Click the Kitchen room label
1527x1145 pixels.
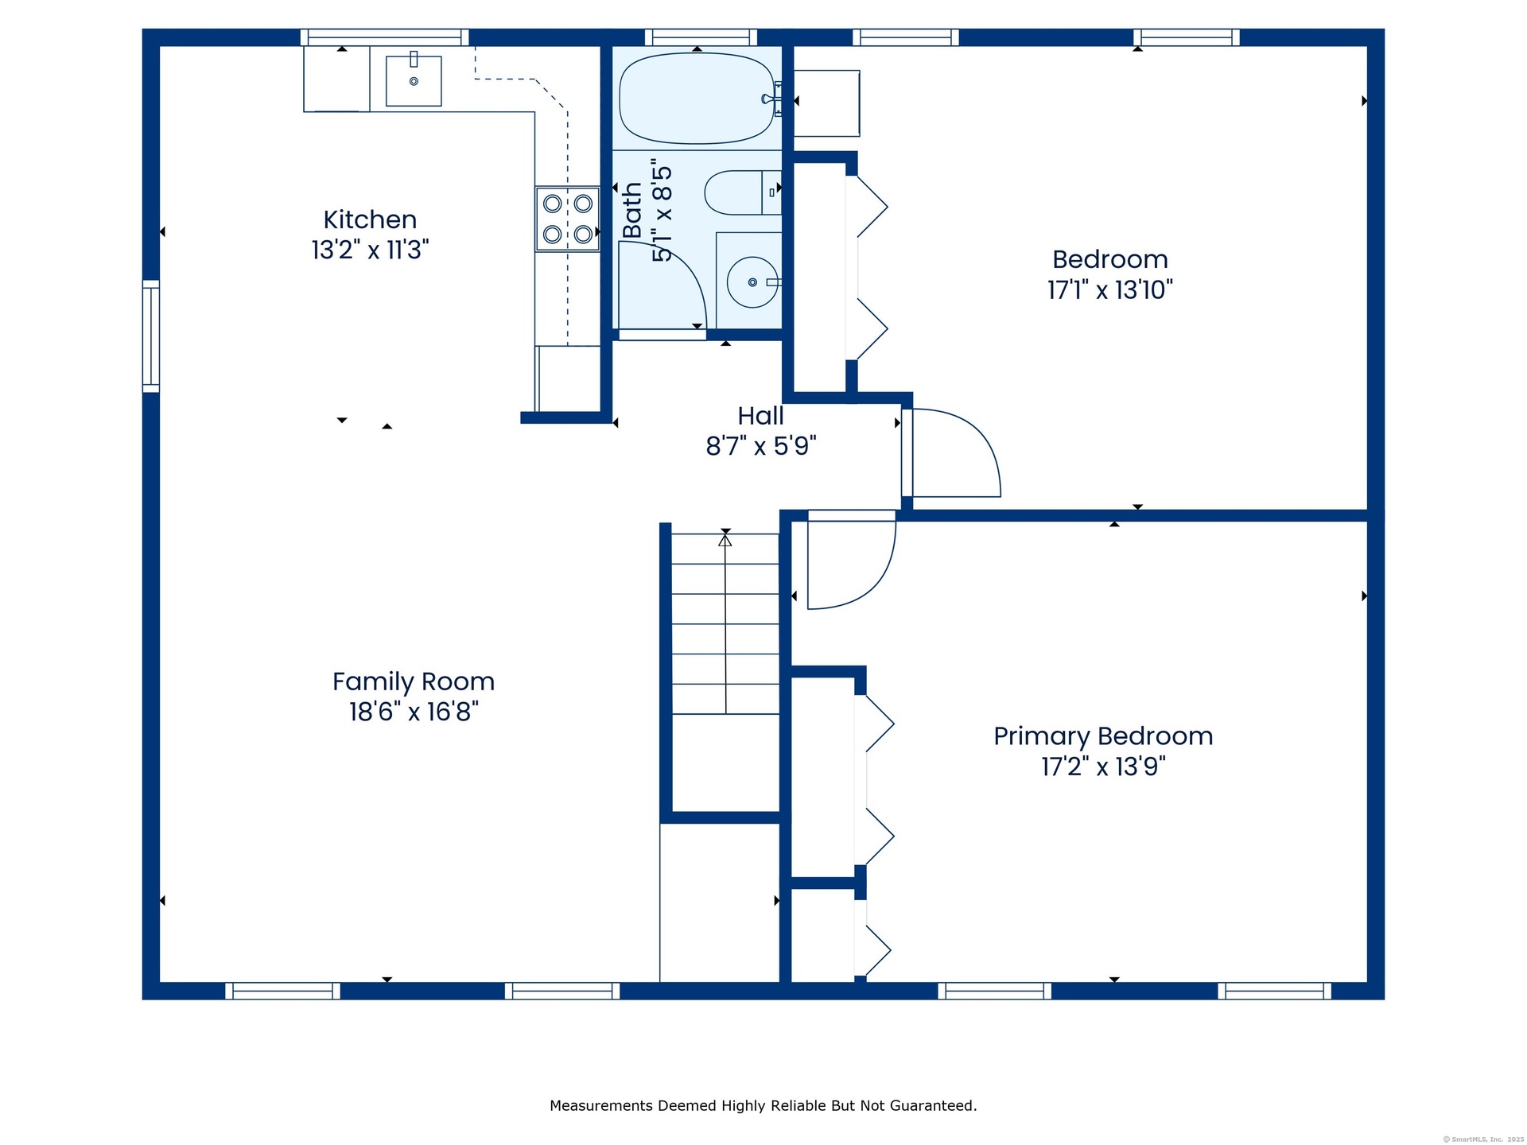(x=370, y=219)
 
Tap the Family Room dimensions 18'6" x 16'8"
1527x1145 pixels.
(x=414, y=711)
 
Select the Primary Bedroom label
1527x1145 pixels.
(x=1103, y=736)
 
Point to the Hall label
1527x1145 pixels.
(x=760, y=416)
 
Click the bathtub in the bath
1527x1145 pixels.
(x=697, y=99)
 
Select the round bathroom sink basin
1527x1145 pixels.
(x=752, y=282)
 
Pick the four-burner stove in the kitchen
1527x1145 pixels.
(x=567, y=219)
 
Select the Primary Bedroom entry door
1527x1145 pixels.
(x=852, y=560)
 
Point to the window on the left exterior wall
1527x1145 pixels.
(x=151, y=336)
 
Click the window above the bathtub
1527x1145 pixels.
(x=701, y=37)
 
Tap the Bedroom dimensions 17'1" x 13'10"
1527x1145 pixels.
(x=1110, y=289)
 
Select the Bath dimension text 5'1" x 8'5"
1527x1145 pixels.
(x=662, y=214)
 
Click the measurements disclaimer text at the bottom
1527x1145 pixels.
(x=763, y=1105)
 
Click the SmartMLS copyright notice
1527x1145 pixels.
(x=1483, y=1139)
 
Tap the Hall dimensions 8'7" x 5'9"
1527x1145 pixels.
(x=761, y=446)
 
